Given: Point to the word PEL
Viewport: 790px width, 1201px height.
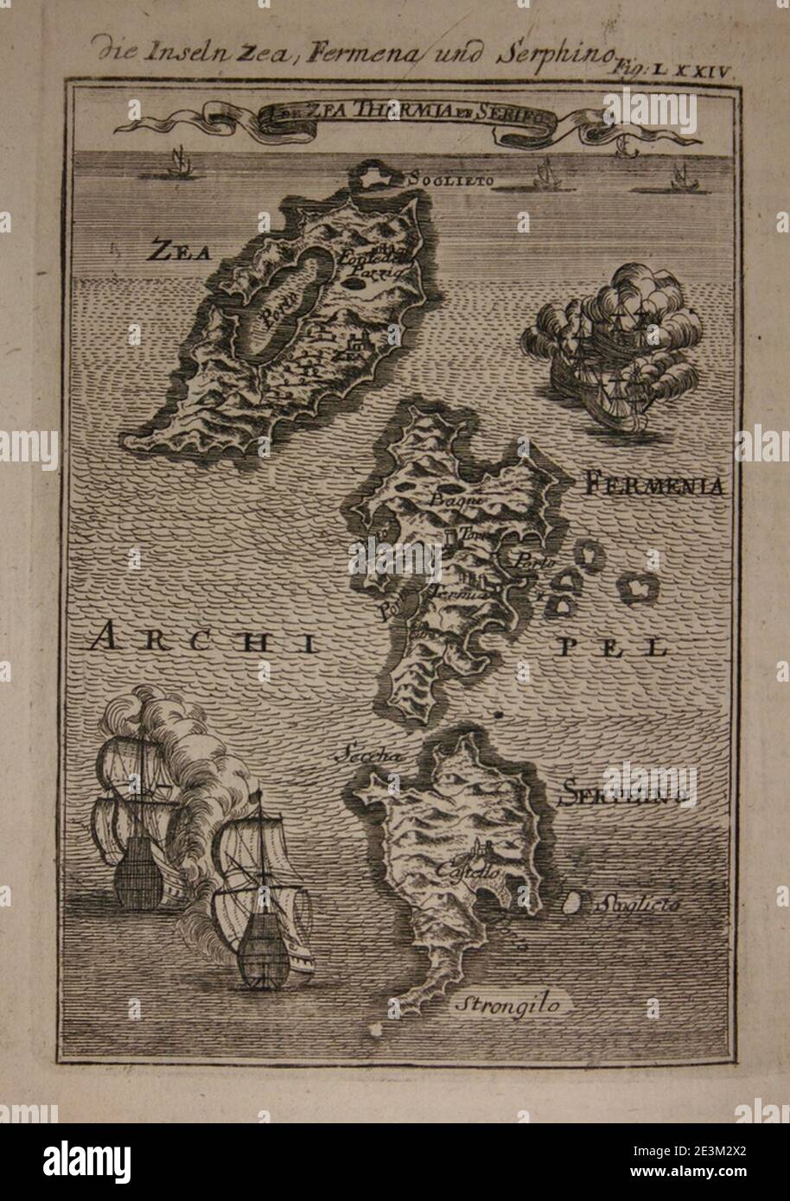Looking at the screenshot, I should [x=635, y=646].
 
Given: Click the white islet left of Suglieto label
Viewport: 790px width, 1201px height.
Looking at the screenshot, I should [x=570, y=904].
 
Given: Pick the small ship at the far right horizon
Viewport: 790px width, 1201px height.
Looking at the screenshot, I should [x=674, y=178].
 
